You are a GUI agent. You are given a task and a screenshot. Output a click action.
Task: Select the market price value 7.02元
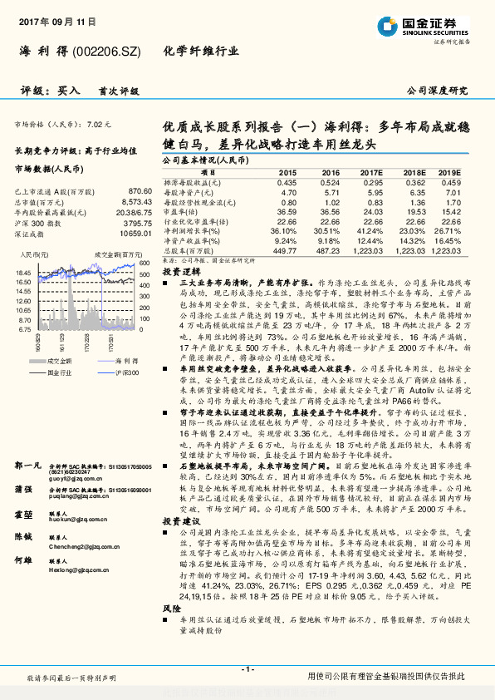(98, 124)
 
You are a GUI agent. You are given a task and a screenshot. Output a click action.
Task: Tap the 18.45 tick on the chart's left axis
(23, 272)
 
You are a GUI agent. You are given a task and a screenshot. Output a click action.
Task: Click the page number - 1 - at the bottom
(247, 669)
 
